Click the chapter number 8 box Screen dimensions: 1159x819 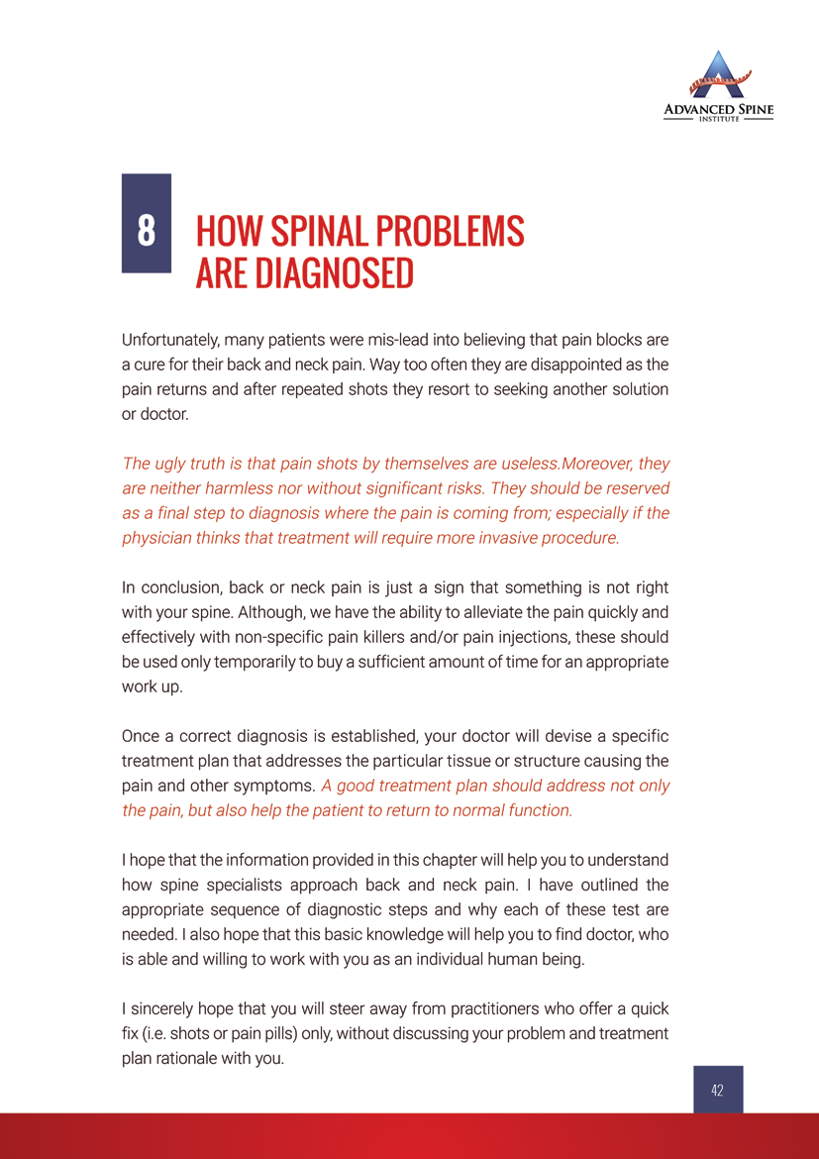pos(146,223)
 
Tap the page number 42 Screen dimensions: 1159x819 pos(717,1090)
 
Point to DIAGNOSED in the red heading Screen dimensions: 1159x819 pos(334,272)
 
